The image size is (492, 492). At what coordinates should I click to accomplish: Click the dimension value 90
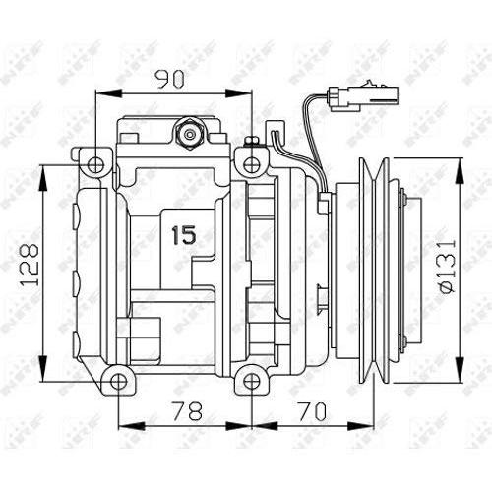(170, 80)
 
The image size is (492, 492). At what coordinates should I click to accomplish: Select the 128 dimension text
(30, 265)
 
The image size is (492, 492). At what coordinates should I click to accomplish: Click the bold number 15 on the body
(184, 235)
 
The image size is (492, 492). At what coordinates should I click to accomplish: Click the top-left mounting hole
(96, 164)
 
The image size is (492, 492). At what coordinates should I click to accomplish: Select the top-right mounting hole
(251, 164)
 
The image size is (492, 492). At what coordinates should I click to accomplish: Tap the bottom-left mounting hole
(118, 382)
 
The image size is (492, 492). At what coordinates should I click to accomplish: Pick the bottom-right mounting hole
(251, 382)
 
